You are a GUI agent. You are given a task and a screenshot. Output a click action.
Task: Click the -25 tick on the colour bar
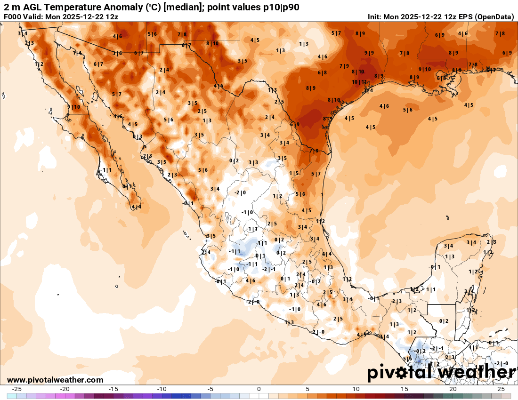pos(17,389)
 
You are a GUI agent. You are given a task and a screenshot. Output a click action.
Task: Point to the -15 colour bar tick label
pos(113,389)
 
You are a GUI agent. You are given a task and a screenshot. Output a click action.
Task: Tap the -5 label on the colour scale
pos(210,389)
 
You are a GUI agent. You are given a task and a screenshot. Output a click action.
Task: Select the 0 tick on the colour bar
pos(259,389)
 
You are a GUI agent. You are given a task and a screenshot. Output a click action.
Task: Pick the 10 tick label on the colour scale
pos(356,389)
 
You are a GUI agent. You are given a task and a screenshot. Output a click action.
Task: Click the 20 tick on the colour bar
pos(453,389)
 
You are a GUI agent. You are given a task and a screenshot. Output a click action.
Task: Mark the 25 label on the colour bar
pos(501,389)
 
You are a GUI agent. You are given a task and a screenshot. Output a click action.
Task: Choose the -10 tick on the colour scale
pos(162,389)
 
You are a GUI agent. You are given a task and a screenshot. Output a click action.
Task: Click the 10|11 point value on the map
pos(359,82)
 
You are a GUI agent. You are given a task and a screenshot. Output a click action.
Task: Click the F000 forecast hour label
pos(12,16)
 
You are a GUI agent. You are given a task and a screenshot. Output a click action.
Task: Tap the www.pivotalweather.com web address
pos(55,380)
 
